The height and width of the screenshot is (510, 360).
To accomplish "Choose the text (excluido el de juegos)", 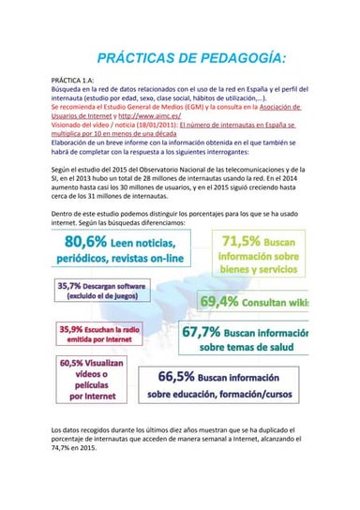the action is pos(103,296).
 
